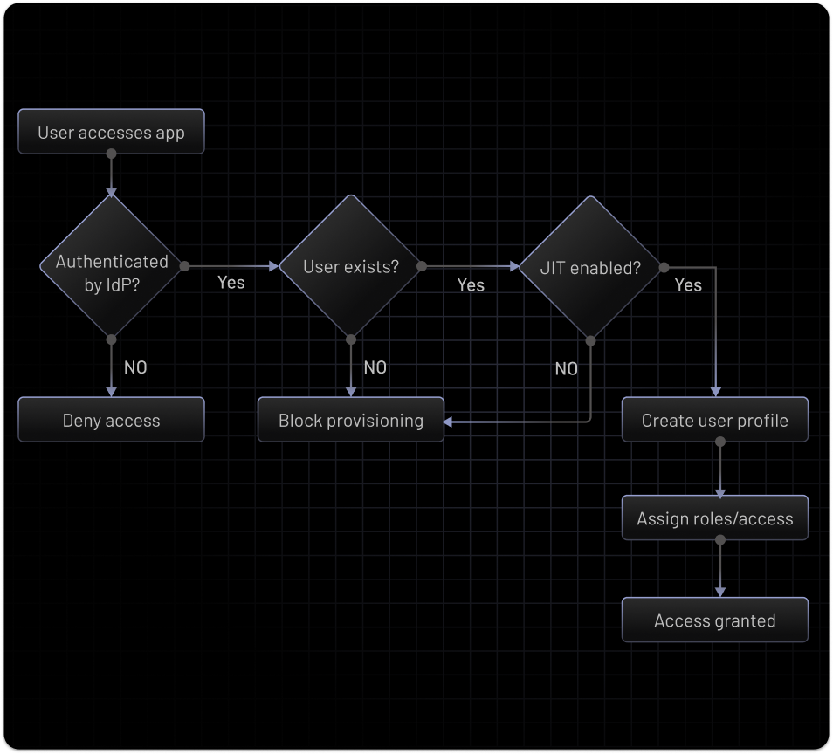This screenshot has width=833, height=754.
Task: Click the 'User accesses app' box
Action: (111, 132)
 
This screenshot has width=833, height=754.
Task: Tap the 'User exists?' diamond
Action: (350, 265)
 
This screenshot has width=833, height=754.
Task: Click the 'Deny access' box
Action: (111, 420)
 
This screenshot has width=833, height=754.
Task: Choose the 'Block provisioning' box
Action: (350, 420)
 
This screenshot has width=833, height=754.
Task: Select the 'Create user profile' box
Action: (714, 420)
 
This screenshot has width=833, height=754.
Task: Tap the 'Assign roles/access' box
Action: (714, 518)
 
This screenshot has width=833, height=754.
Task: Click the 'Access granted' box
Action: (714, 620)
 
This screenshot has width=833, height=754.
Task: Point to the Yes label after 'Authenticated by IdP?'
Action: (231, 283)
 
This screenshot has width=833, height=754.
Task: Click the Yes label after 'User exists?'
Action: (471, 284)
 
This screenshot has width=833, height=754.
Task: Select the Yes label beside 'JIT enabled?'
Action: (688, 284)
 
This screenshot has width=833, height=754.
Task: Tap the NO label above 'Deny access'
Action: (135, 367)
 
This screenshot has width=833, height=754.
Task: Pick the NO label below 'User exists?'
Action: (375, 367)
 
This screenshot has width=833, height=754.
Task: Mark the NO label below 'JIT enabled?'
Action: (567, 369)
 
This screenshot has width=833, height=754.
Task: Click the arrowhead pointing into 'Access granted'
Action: (719, 593)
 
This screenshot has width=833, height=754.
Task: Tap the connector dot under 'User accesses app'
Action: (111, 154)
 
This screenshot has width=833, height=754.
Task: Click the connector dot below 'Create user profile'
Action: (719, 442)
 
